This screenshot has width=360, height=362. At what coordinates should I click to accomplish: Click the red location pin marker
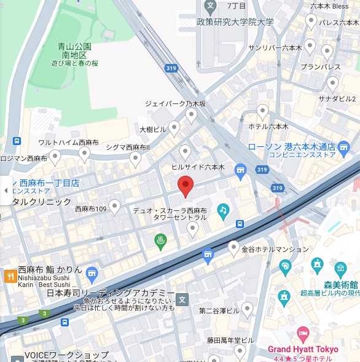click(x=186, y=185)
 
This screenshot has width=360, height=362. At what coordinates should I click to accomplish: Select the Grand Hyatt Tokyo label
click(x=302, y=349)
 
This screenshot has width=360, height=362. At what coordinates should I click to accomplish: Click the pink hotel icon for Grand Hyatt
click(x=302, y=334)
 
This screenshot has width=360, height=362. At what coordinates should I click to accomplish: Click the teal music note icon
click(x=223, y=210)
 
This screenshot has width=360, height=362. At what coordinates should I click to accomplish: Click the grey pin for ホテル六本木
click(x=262, y=111)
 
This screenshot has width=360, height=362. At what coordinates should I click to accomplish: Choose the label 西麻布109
click(x=91, y=209)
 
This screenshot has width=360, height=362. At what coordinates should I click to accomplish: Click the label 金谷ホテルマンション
click(x=266, y=250)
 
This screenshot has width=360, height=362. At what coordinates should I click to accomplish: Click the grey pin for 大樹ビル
click(x=174, y=128)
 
